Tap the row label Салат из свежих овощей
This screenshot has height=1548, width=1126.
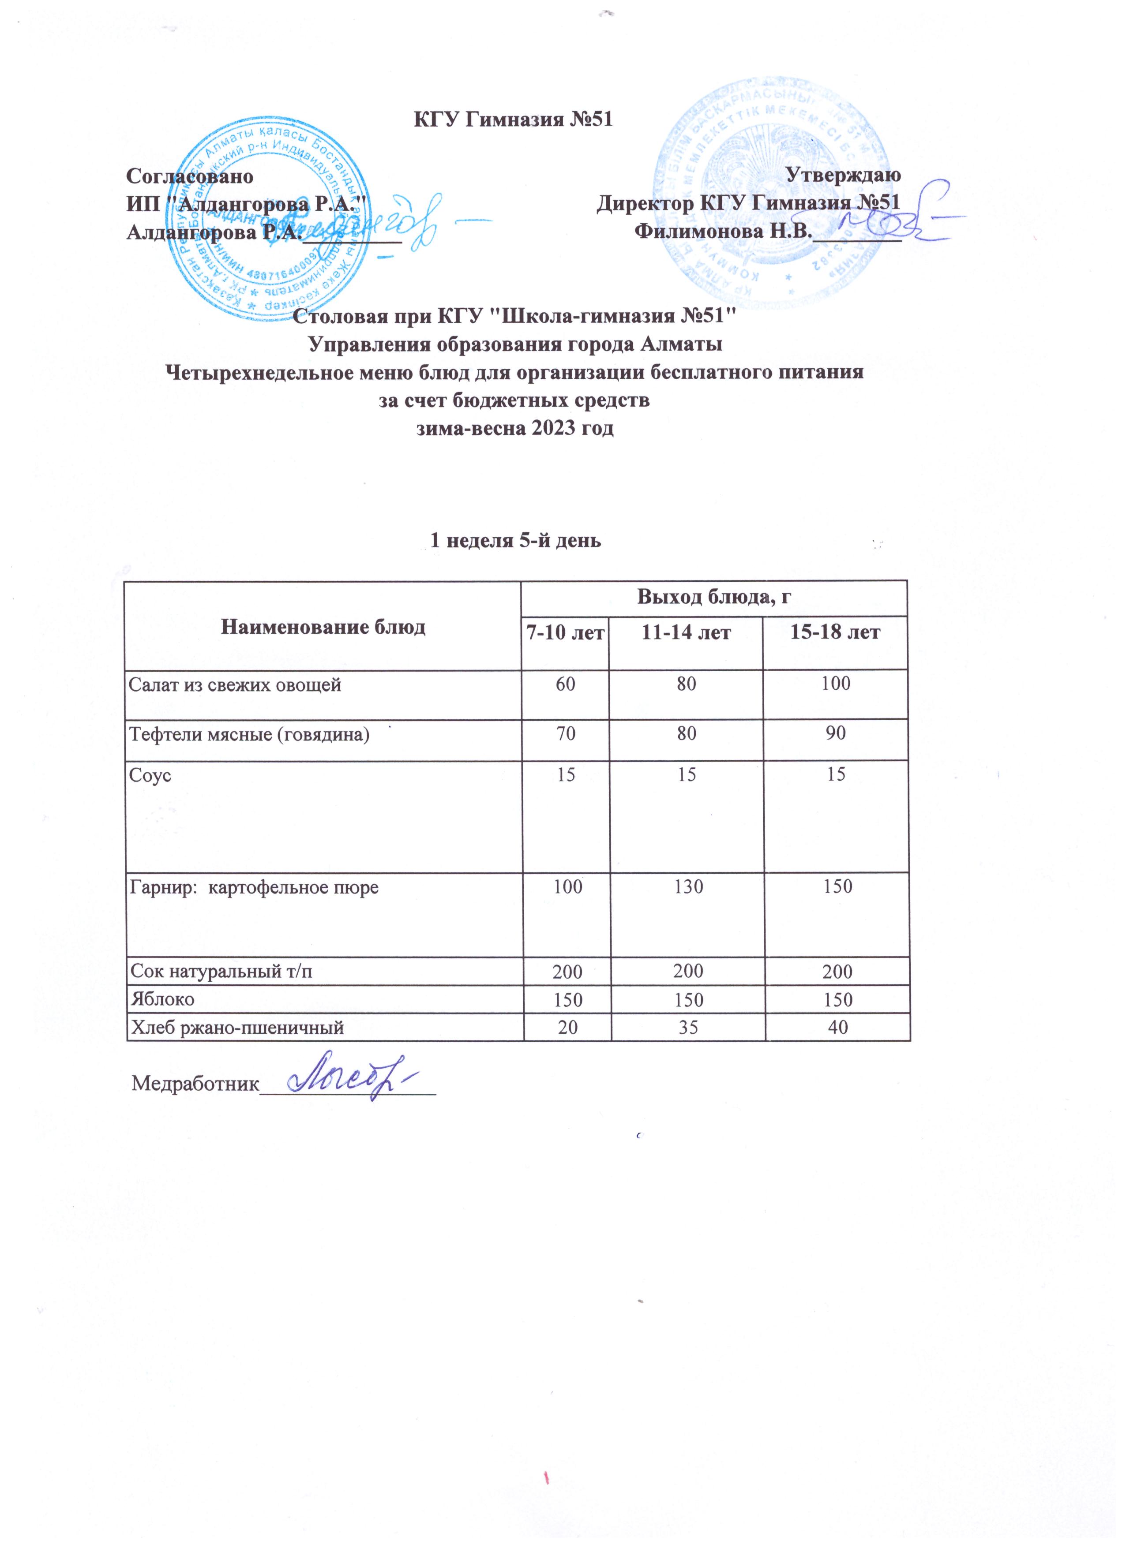tap(236, 684)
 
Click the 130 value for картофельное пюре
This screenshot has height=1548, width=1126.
tap(687, 886)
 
